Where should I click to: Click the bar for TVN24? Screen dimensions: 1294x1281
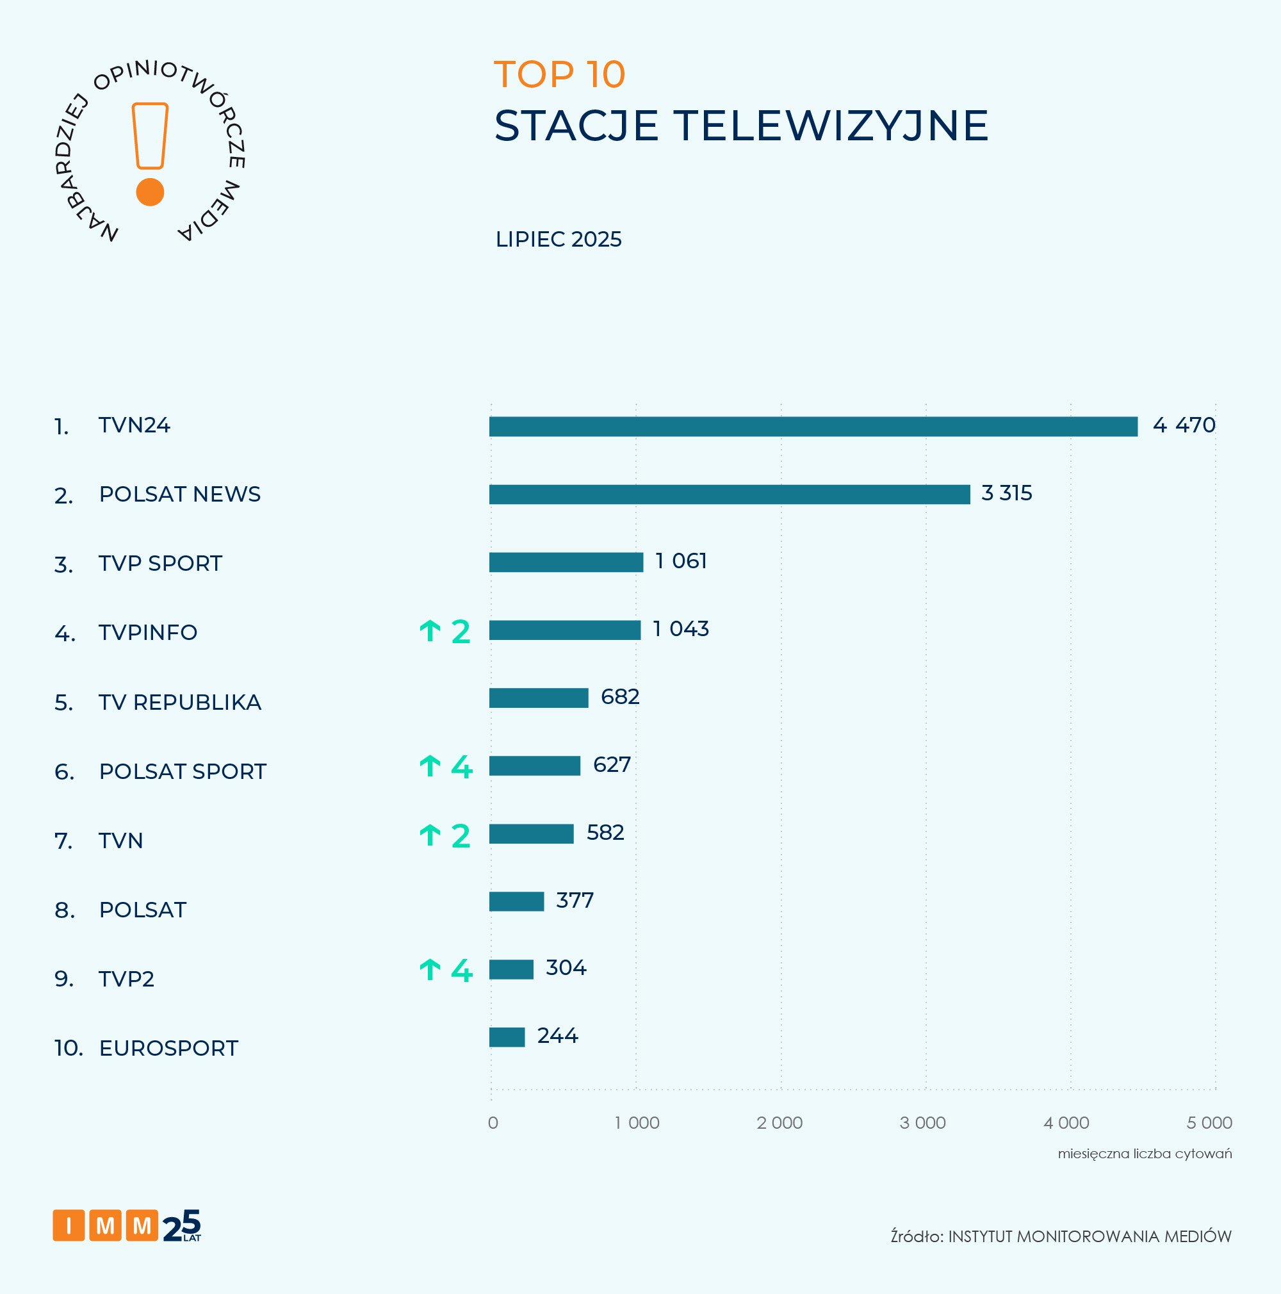813,427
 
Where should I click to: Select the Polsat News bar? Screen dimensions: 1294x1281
730,495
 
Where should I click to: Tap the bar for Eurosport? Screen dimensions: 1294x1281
507,1037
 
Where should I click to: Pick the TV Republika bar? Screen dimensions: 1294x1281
539,698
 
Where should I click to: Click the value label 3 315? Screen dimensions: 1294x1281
1006,493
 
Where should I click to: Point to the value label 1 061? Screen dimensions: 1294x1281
680,561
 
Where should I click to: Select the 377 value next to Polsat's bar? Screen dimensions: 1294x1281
575,900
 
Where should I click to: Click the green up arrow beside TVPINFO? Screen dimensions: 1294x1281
430,630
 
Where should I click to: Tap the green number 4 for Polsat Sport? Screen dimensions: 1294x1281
461,766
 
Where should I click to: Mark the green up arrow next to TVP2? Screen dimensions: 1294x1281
430,969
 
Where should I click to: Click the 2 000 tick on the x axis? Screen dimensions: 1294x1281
779,1122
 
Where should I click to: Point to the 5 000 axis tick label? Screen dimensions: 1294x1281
1209,1122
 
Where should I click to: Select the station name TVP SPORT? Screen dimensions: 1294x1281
160,563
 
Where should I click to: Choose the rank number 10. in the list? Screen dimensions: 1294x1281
69,1048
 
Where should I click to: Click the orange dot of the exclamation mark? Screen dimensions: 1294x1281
150,192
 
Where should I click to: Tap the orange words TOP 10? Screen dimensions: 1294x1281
559,74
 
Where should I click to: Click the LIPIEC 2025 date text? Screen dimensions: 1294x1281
559,239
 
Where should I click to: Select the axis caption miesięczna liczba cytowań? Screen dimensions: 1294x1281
1145,1153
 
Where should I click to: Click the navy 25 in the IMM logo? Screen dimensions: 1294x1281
181,1225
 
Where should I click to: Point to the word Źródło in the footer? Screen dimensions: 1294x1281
916,1236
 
